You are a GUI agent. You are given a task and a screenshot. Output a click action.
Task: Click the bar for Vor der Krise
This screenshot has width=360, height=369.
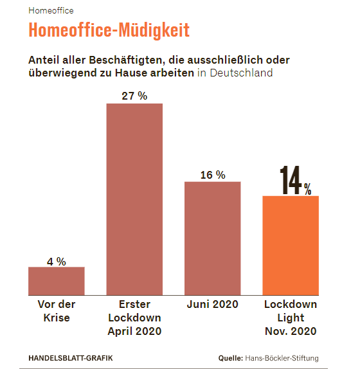coord(57,281)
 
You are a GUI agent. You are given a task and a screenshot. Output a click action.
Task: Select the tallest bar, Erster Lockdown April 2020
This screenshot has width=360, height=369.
coord(134,199)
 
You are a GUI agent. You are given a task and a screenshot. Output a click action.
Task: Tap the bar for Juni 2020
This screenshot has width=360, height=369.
coord(213,238)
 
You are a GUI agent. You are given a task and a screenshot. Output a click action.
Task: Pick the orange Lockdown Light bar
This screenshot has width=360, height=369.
coord(291,245)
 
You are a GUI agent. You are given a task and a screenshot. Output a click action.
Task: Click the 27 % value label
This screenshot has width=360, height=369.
coord(134,96)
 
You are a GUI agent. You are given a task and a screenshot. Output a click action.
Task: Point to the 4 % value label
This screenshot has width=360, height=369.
coord(57,261)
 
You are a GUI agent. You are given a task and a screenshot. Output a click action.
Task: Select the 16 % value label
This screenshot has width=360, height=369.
coord(213,175)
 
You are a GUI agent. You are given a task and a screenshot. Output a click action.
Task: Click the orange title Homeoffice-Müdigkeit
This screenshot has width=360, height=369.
coord(109,31)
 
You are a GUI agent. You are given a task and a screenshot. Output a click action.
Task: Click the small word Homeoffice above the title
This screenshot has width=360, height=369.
coord(51,11)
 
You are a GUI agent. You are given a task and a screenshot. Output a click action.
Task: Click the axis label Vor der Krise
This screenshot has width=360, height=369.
coord(57,310)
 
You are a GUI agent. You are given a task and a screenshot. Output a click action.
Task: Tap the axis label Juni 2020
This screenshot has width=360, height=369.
coord(212,304)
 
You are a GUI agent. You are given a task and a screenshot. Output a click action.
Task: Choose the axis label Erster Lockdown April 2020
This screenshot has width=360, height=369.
coord(134,318)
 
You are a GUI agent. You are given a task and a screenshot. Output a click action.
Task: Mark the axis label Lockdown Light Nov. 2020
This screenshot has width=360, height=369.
coord(291,318)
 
